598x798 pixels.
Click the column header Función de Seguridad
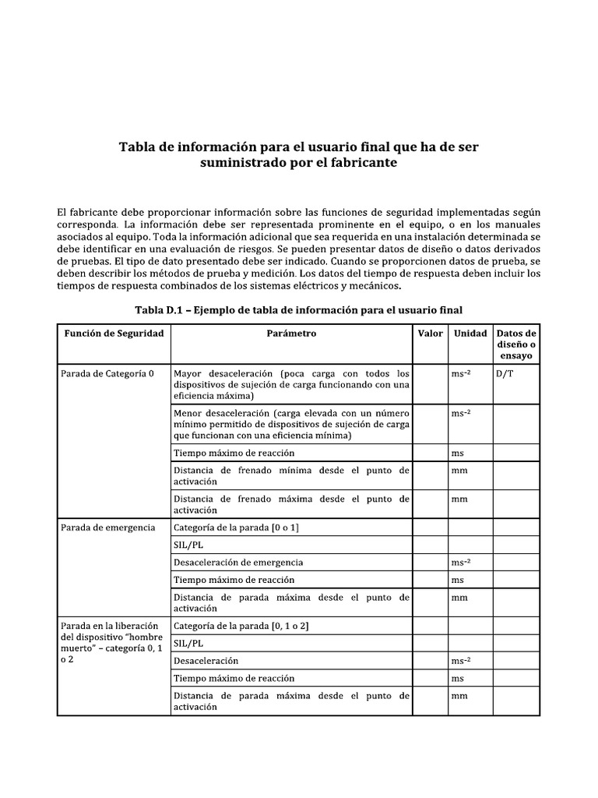click(x=114, y=333)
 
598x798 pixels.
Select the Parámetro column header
click(x=291, y=333)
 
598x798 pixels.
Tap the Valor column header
click(x=430, y=333)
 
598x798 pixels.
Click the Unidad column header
click(x=470, y=333)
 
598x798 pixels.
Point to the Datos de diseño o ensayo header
click(x=515, y=344)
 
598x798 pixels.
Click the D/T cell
click(x=505, y=373)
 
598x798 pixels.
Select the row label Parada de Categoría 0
click(x=107, y=373)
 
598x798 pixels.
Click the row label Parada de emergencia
click(x=107, y=528)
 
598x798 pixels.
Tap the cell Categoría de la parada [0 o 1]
click(x=236, y=528)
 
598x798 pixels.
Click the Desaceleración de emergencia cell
click(x=238, y=562)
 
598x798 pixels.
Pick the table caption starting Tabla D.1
click(x=298, y=309)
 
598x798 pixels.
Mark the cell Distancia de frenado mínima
click(x=291, y=475)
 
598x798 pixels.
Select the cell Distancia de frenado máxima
click(x=291, y=504)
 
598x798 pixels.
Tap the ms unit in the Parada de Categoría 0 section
click(x=458, y=453)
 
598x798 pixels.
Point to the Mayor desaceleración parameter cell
click(x=291, y=384)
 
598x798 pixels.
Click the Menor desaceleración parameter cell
click(x=291, y=424)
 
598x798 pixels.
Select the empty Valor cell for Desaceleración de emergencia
click(x=430, y=562)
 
